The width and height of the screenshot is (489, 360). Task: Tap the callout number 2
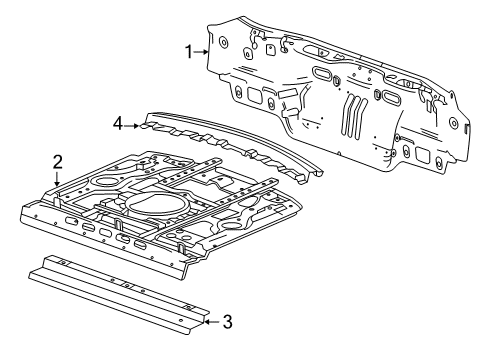coord(57,160)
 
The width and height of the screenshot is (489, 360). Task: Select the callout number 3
coord(227,321)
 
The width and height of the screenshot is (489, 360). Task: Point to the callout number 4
coord(117,124)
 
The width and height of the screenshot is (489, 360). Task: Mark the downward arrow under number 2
coord(57,178)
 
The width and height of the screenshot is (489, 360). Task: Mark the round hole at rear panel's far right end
coord(467,127)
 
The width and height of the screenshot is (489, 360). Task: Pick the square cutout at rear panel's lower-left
coord(254,99)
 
